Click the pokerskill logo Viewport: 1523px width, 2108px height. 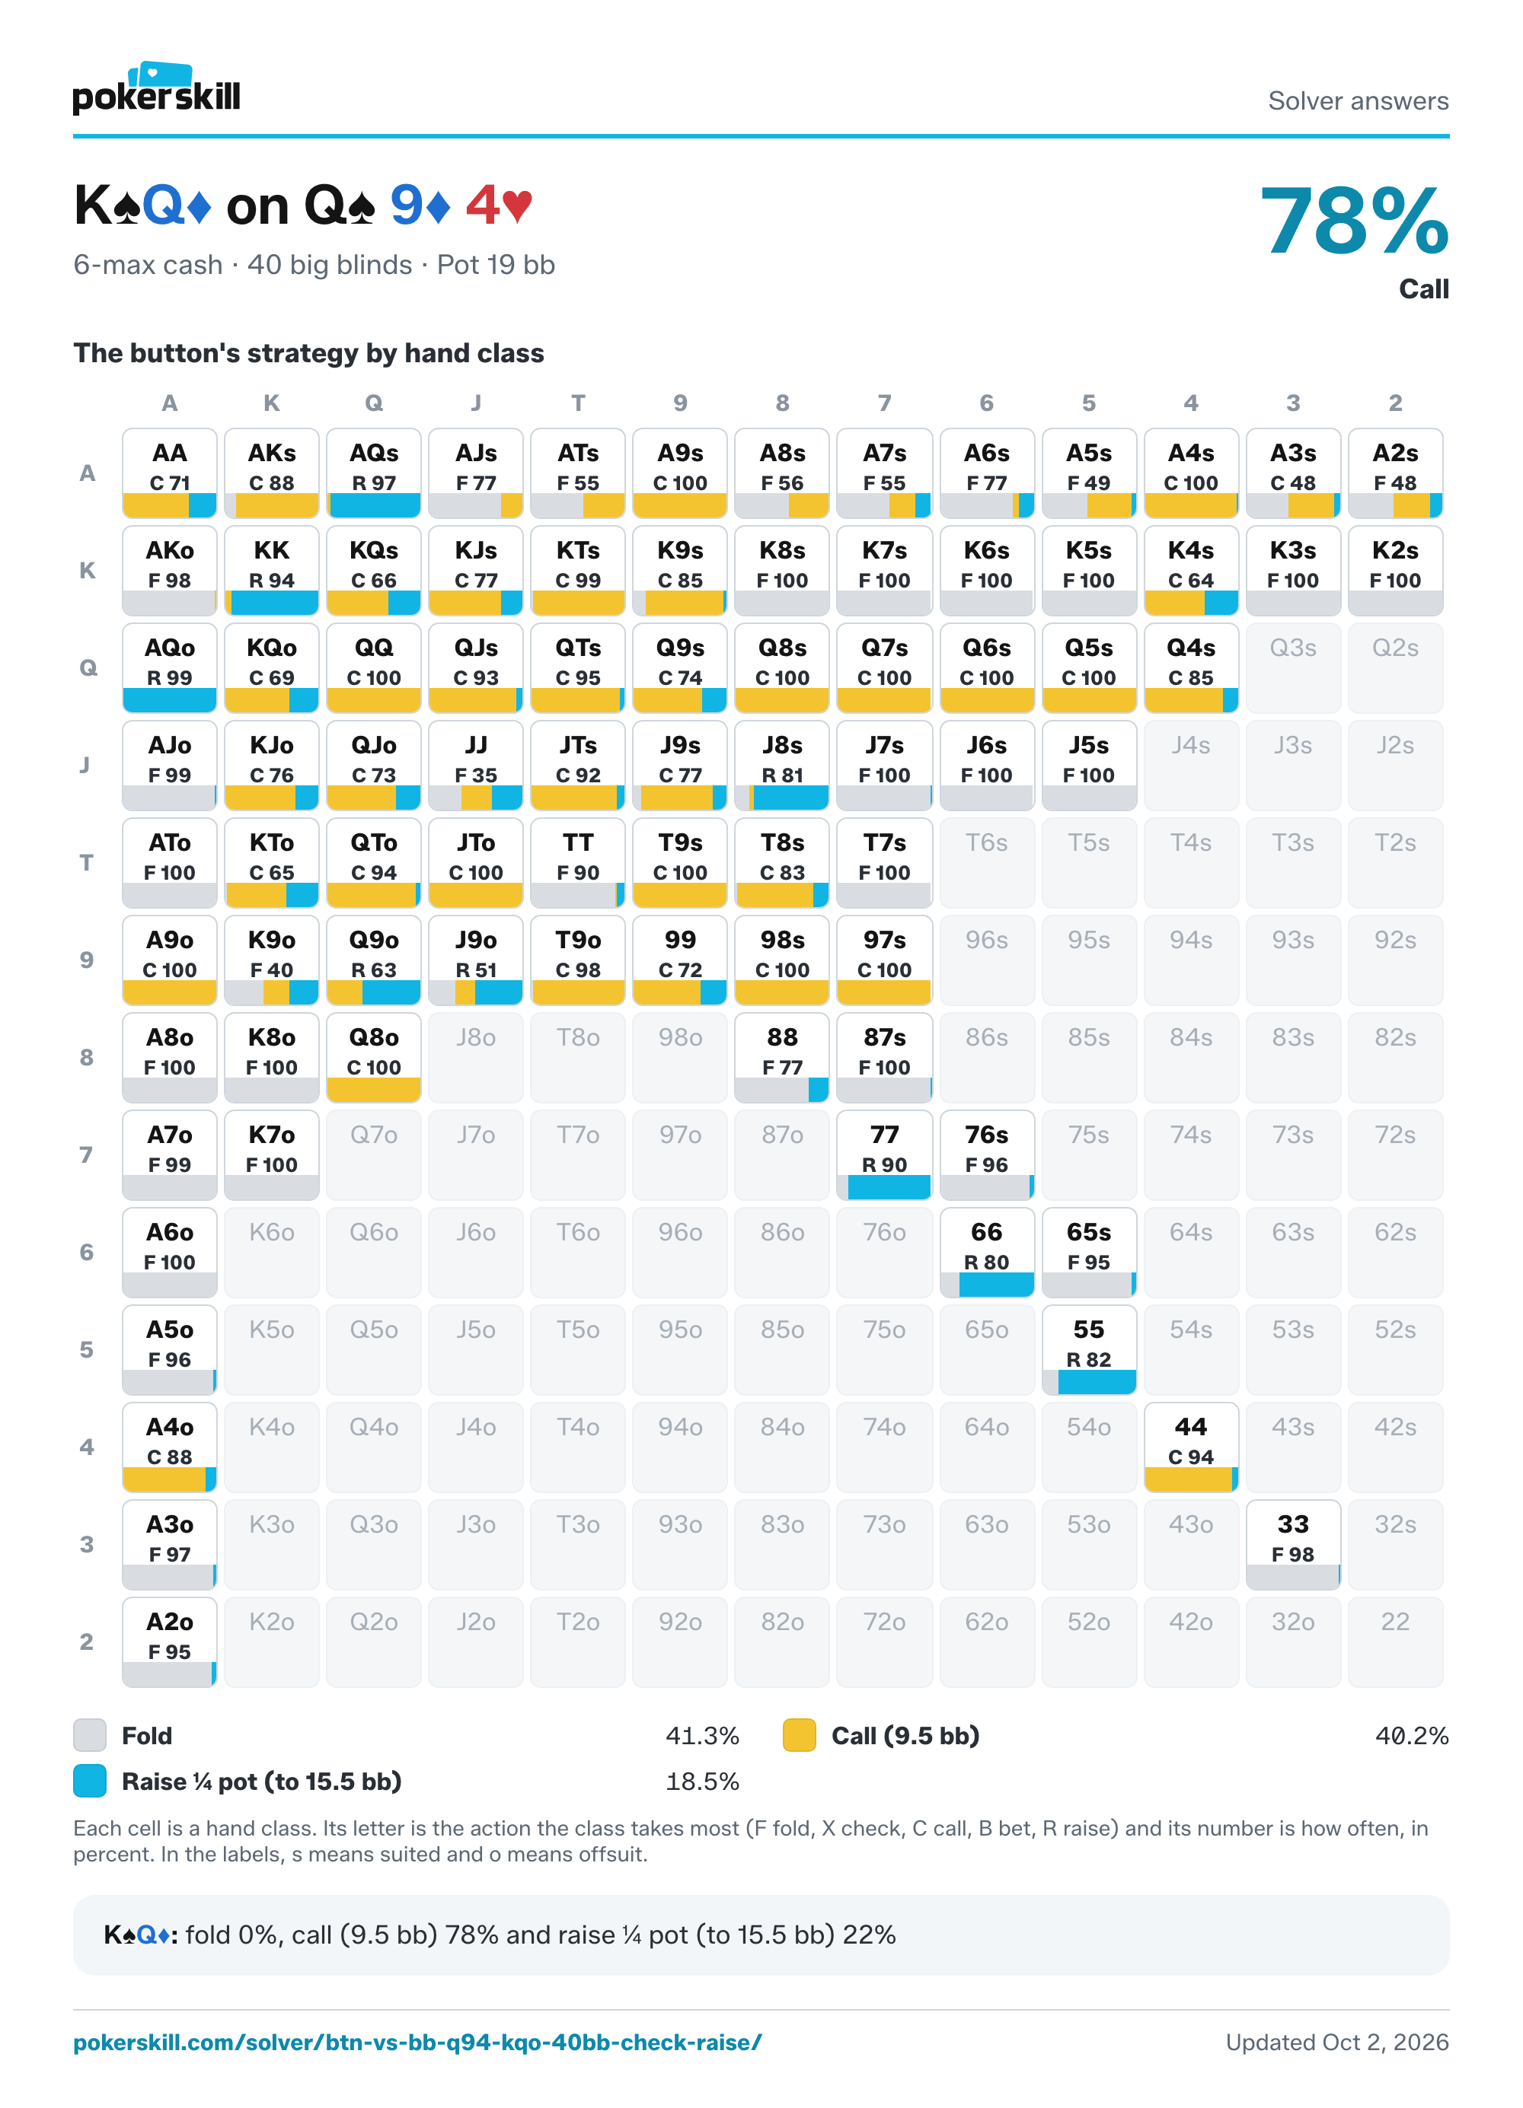(156, 88)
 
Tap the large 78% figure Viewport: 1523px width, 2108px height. (1354, 221)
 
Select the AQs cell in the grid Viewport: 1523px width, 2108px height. (374, 473)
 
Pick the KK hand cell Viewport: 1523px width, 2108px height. (272, 571)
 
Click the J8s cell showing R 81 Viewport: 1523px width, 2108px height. (782, 765)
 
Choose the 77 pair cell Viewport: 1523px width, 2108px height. (884, 1154)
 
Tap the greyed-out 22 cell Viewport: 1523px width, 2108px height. (1395, 1642)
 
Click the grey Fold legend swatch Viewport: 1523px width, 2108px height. (90, 1735)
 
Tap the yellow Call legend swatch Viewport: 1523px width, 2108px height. (800, 1735)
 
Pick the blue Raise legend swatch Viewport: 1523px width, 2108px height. (90, 1781)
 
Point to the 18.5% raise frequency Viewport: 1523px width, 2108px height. (702, 1782)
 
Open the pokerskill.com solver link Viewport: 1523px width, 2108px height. (417, 2042)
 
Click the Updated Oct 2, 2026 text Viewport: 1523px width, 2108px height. (1337, 2042)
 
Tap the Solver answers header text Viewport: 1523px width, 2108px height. (1359, 100)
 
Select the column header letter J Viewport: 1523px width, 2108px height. (476, 403)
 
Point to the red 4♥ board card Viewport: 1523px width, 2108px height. (500, 205)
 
